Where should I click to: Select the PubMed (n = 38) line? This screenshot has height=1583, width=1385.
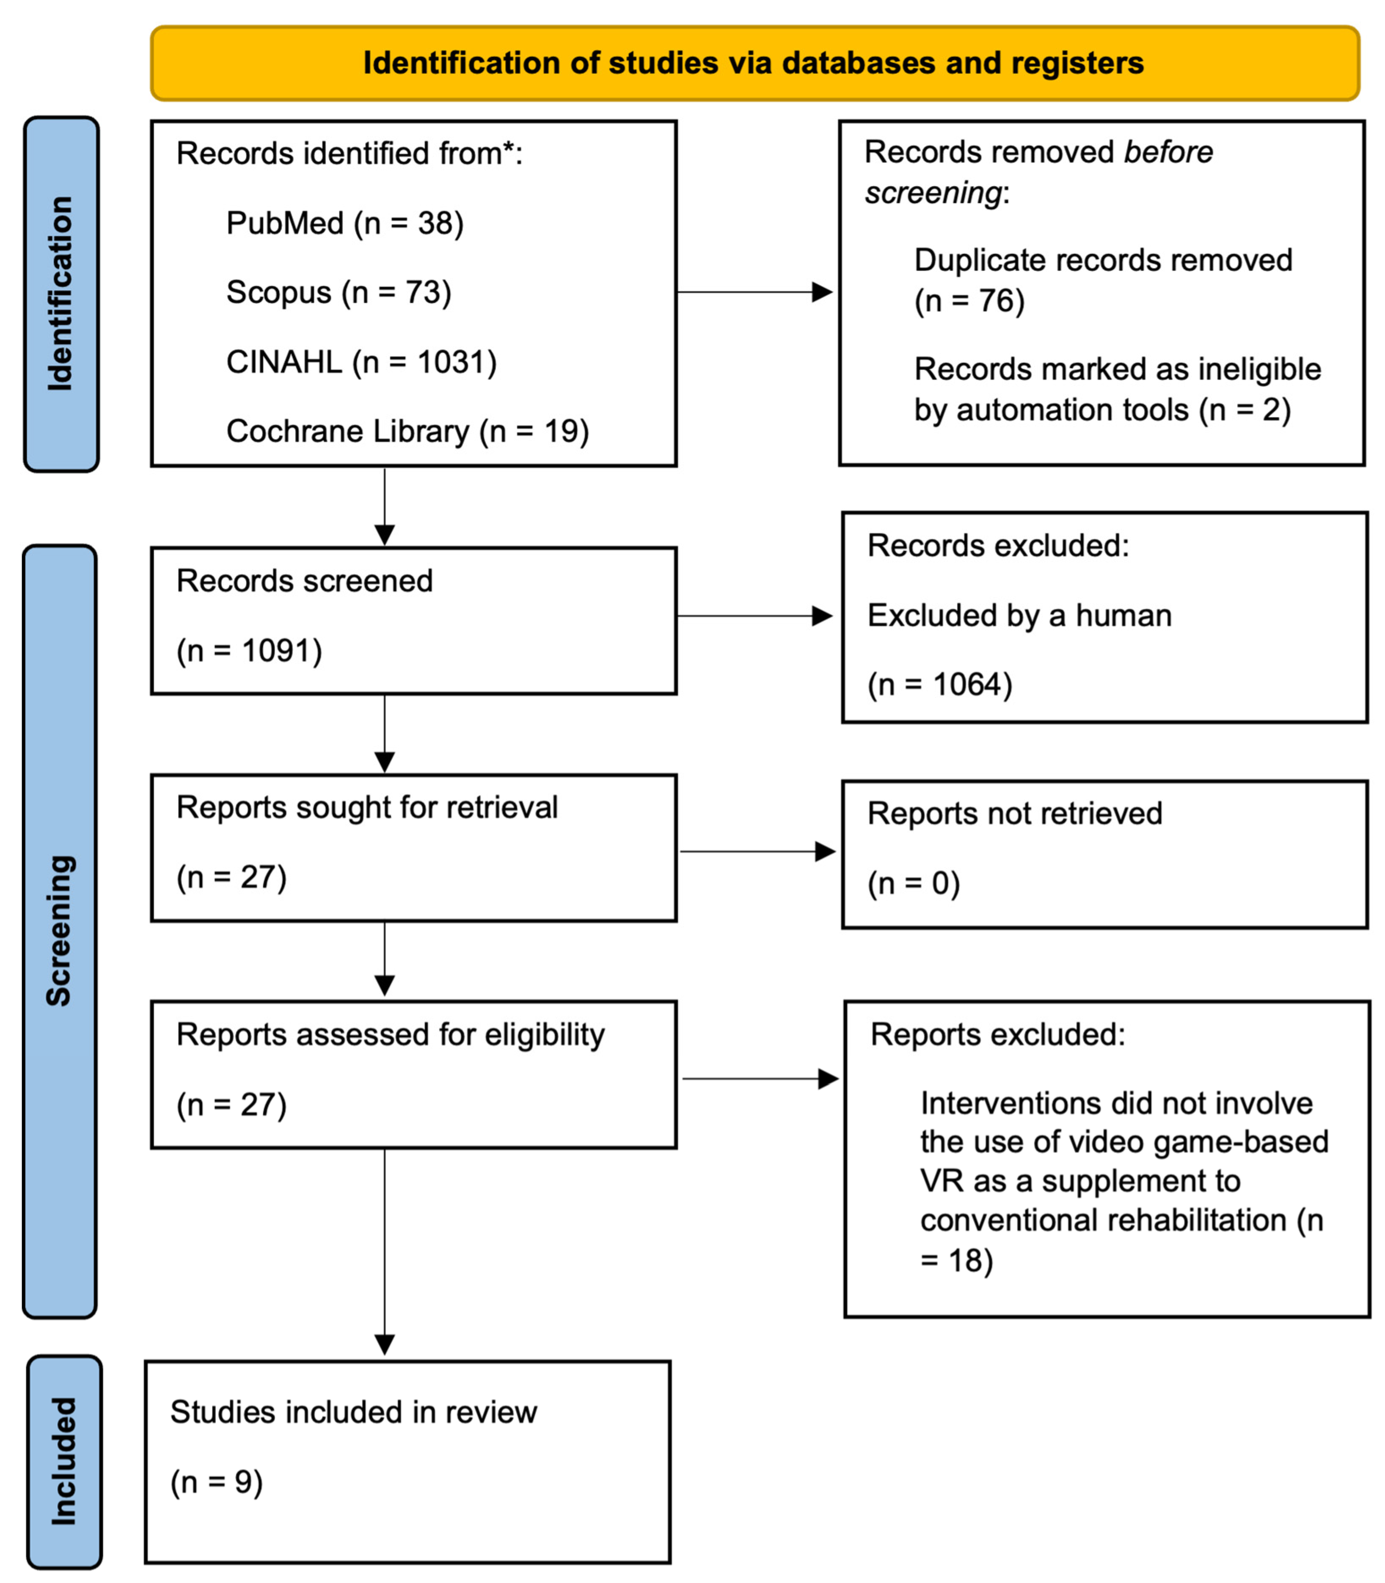(x=345, y=223)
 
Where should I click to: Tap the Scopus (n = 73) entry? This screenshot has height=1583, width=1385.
(x=339, y=293)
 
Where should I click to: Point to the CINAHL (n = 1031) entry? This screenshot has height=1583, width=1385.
(x=361, y=363)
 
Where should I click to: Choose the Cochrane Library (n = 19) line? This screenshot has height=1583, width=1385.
(x=408, y=431)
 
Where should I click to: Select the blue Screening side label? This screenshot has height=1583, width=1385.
(x=60, y=931)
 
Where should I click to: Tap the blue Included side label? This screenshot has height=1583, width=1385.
(x=64, y=1460)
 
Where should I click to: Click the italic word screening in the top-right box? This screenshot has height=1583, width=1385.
(x=932, y=192)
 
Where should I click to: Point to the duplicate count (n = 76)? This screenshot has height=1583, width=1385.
(x=969, y=300)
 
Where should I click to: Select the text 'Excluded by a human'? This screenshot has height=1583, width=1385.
(x=1019, y=616)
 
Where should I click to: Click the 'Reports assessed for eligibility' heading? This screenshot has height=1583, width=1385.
(x=390, y=1034)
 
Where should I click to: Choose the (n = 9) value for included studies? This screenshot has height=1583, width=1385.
(x=216, y=1482)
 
